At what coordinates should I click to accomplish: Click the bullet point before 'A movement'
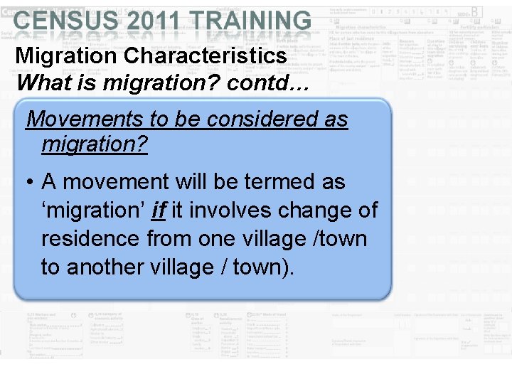(25, 183)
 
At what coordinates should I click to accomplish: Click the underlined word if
(158, 210)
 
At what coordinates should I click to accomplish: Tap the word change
(313, 210)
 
